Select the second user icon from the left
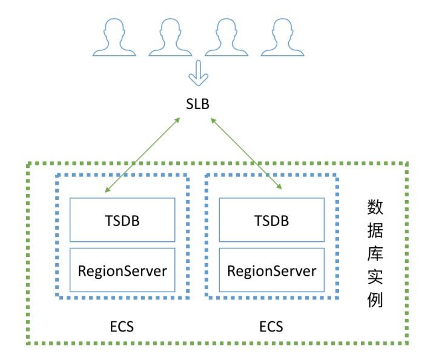point(170,35)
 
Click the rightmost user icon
point(282,35)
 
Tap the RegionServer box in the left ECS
point(122,270)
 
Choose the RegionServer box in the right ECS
point(271,270)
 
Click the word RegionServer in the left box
point(122,270)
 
